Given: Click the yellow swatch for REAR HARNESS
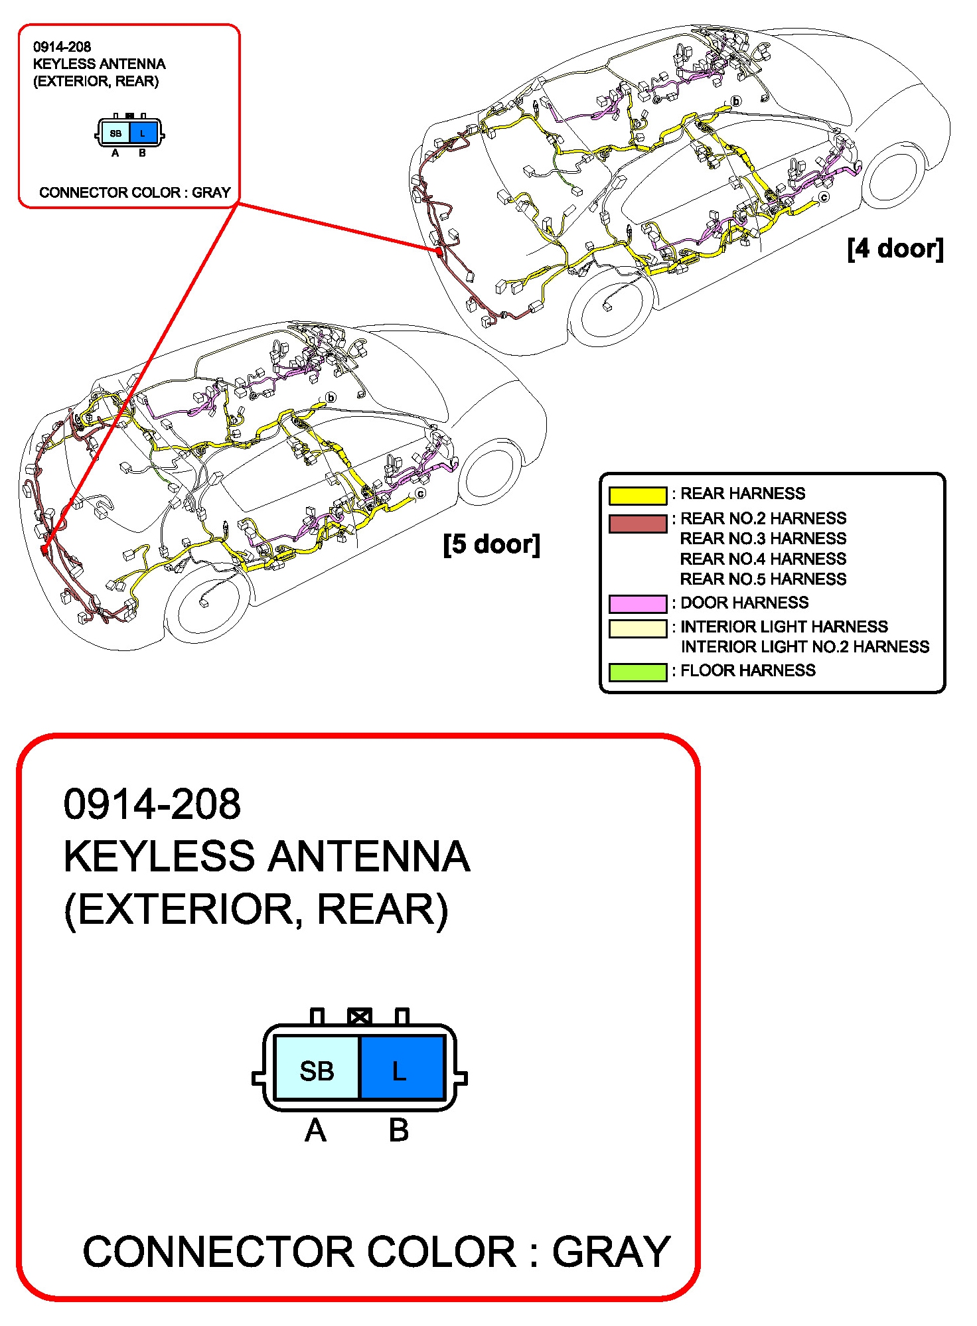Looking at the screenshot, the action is click(x=637, y=495).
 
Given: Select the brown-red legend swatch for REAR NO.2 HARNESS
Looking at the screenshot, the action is click(x=637, y=523).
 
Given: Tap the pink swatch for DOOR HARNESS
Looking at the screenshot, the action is click(x=637, y=603).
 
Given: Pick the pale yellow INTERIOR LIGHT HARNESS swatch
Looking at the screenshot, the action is click(x=637, y=628).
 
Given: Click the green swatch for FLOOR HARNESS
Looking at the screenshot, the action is click(x=637, y=672).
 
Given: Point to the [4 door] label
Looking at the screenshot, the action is click(x=895, y=249).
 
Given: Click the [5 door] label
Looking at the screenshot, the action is click(x=491, y=544).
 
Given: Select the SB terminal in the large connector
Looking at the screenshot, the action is click(x=317, y=1070).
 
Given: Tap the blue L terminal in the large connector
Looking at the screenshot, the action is click(x=401, y=1070).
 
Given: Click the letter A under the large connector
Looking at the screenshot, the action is click(x=315, y=1130).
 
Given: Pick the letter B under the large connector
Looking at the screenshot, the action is click(x=398, y=1130).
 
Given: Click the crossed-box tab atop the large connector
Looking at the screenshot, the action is click(x=359, y=1016).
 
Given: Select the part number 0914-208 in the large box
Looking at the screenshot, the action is click(x=152, y=804).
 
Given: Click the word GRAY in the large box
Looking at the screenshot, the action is click(x=611, y=1252).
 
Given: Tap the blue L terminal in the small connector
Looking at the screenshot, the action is click(x=143, y=133).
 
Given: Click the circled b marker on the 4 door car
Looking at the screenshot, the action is click(x=735, y=102).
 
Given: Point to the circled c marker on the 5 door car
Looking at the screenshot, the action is click(x=420, y=494).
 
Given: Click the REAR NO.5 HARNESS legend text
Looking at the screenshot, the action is click(x=763, y=579).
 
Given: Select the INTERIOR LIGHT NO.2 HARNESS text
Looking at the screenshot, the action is click(x=804, y=647).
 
